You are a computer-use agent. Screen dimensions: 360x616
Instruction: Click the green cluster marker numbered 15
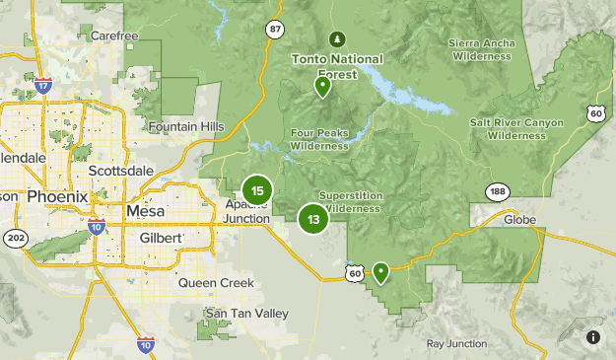[x=256, y=191]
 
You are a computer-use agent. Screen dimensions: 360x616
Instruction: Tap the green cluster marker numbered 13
[x=313, y=219]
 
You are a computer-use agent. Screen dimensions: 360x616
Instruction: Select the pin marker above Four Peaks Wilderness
[x=321, y=87]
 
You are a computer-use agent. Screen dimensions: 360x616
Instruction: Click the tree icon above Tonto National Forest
[x=335, y=39]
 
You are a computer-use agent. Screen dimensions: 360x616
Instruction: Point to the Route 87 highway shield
[x=274, y=30]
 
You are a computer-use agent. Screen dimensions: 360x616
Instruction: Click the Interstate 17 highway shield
[x=42, y=87]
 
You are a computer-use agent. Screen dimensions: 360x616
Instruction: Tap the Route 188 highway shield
[x=496, y=191]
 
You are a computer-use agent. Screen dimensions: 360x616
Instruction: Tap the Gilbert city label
[x=161, y=238]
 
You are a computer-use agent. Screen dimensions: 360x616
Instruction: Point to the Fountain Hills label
[x=187, y=126]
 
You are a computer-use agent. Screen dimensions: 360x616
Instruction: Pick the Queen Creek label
[x=216, y=283]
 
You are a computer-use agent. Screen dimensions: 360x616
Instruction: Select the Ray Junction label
[x=455, y=343]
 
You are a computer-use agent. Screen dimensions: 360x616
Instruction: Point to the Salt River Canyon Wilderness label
[x=516, y=128]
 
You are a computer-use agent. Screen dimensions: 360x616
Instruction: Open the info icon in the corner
[x=593, y=337]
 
